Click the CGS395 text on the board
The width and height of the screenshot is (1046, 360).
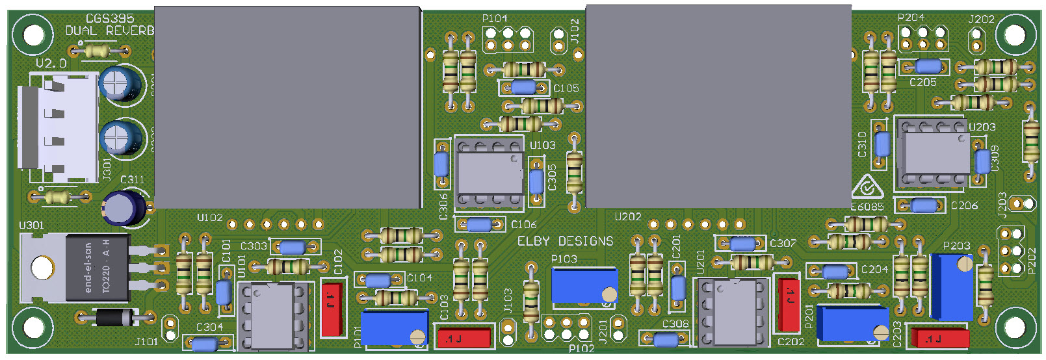(x=110, y=19)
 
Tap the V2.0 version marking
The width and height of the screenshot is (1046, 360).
(x=51, y=63)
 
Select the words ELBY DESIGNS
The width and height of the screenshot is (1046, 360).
(x=565, y=241)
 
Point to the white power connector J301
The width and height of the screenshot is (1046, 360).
(x=57, y=127)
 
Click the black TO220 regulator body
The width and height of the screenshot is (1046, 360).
(x=98, y=267)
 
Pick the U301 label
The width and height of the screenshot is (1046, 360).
(x=31, y=225)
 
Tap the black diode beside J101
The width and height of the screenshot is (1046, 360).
(x=114, y=318)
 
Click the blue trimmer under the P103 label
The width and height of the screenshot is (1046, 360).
(x=583, y=285)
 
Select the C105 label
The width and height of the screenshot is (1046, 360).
(x=566, y=88)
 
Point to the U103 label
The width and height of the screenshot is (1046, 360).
(x=542, y=145)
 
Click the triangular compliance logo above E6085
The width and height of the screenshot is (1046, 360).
(x=867, y=188)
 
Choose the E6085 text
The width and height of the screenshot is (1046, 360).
(x=867, y=207)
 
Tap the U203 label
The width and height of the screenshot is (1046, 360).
(x=982, y=127)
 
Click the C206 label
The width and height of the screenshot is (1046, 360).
(x=964, y=205)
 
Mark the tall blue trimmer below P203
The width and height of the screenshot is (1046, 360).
(x=951, y=287)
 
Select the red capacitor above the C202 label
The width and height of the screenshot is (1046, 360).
(x=789, y=303)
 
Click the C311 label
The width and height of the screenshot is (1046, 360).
(x=132, y=179)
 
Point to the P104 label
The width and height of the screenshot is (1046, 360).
(x=495, y=18)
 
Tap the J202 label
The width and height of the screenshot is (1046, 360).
(x=981, y=19)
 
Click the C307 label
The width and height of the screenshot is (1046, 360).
(x=783, y=243)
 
